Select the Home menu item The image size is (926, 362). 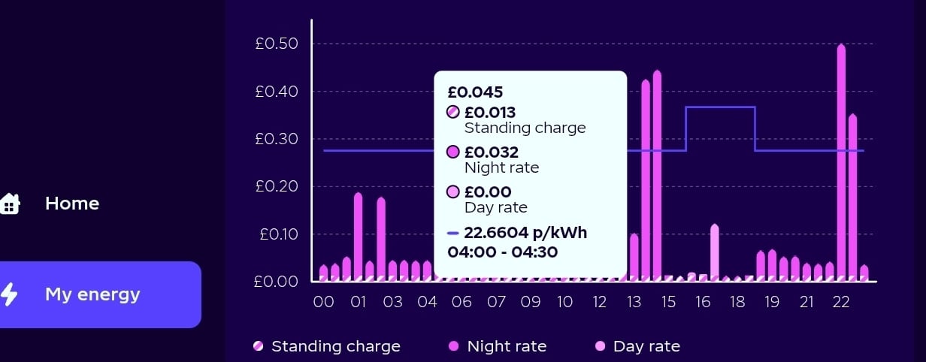[x=71, y=204]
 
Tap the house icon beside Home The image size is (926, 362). [x=10, y=204]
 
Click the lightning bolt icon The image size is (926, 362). [x=10, y=294]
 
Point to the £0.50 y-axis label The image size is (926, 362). [x=277, y=44]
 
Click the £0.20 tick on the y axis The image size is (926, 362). [x=277, y=186]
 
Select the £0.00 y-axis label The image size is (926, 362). [x=277, y=281]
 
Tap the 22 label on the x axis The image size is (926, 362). [x=841, y=302]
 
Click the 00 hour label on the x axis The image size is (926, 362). [x=324, y=302]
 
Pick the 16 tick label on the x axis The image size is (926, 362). [x=703, y=302]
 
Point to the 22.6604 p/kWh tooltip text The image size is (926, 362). [x=525, y=233]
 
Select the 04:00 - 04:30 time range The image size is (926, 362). [x=502, y=252]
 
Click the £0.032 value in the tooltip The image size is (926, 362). [x=490, y=152]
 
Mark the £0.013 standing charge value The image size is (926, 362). [x=490, y=113]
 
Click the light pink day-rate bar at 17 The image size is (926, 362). [x=715, y=252]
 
